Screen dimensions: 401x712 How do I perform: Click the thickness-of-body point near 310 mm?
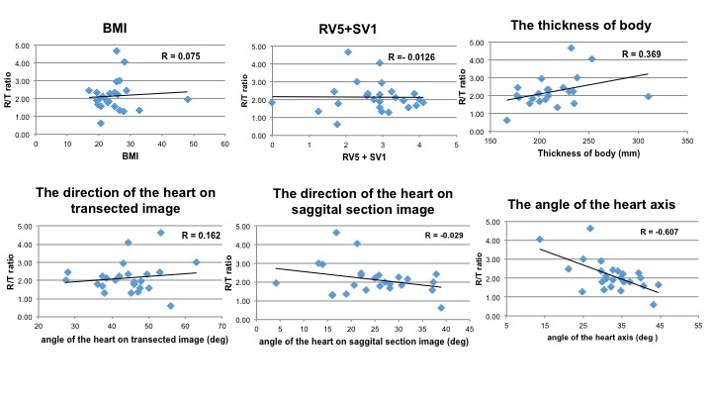tap(648, 96)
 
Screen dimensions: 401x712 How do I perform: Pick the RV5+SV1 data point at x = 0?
tap(272, 102)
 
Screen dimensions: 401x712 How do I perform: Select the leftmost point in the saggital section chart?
tap(276, 282)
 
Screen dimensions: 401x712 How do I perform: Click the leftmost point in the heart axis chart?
tap(539, 239)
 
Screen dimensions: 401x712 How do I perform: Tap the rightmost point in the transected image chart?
tap(196, 262)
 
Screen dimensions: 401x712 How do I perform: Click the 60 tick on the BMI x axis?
tap(224, 143)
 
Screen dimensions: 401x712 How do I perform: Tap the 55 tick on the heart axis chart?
tap(697, 324)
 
